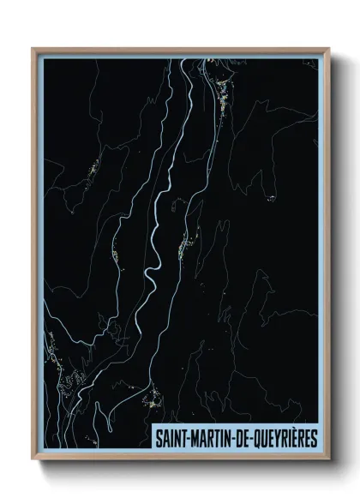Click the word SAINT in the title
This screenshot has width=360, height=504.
[170, 438]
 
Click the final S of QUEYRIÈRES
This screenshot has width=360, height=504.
[313, 438]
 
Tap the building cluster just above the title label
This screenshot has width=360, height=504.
[154, 398]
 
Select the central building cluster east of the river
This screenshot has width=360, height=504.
[183, 248]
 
